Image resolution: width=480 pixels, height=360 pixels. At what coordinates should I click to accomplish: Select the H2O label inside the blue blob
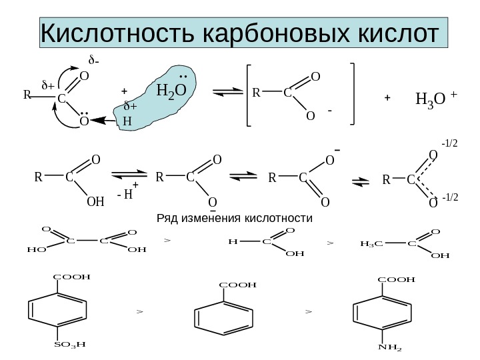(x=171, y=91)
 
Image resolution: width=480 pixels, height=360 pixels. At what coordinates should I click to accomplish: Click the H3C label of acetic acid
(x=371, y=243)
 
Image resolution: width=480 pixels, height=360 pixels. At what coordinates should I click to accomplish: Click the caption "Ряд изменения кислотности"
(x=234, y=218)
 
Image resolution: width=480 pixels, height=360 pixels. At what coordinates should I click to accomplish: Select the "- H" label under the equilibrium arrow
(x=125, y=195)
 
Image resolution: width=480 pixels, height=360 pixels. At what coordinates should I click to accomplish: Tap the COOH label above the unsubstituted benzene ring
(x=238, y=285)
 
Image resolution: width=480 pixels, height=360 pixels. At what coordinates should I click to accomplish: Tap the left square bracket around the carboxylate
(x=247, y=95)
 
